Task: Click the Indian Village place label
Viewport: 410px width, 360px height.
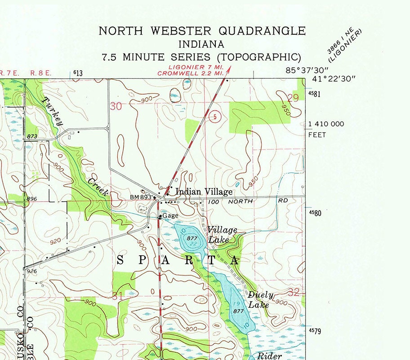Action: coord(204,192)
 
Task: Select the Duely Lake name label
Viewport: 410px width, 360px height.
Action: coord(260,300)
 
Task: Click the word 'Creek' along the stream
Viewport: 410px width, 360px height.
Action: coord(98,187)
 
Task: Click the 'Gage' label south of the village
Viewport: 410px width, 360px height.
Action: coord(170,216)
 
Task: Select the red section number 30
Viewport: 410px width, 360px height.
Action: coord(116,106)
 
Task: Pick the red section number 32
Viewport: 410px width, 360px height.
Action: coord(294,292)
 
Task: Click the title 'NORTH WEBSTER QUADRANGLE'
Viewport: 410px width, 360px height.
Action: coord(202,31)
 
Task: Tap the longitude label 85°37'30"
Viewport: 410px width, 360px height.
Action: coord(307,71)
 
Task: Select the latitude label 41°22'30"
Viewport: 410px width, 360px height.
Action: coord(333,79)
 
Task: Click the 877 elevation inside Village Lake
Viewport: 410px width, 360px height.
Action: coord(192,238)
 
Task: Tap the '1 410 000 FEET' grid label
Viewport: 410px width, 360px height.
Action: coord(326,129)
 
